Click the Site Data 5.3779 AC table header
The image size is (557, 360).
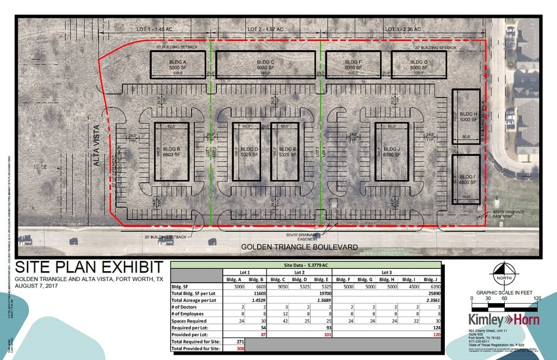(x=306, y=265)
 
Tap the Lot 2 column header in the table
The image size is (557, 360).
(x=300, y=272)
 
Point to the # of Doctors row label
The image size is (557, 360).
(x=186, y=308)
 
